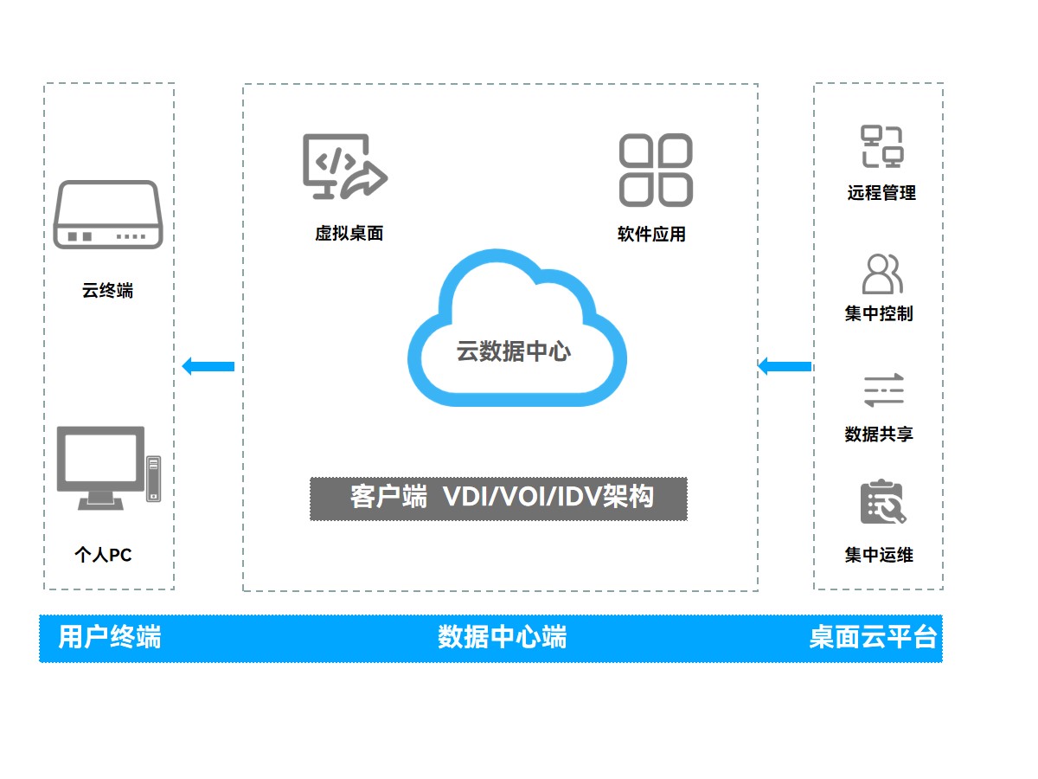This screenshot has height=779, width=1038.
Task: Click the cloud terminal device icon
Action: pyautogui.click(x=108, y=215)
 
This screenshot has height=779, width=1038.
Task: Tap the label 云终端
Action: pyautogui.click(x=108, y=291)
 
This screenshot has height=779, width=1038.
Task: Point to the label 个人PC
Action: pyautogui.click(x=104, y=555)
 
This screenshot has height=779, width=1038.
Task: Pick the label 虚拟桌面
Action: pyautogui.click(x=349, y=233)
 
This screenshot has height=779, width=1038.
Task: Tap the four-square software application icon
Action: pyautogui.click(x=656, y=170)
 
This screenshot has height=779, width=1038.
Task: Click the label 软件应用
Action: pyautogui.click(x=651, y=234)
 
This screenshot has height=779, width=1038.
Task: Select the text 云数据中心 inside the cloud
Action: pyautogui.click(x=514, y=351)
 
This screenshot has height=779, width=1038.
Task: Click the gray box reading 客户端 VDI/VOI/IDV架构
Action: pyautogui.click(x=498, y=499)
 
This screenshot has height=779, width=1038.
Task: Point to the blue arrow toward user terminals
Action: pyautogui.click(x=208, y=366)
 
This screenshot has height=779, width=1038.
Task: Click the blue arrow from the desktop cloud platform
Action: pyautogui.click(x=785, y=366)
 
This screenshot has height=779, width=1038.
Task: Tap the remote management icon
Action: pyautogui.click(x=881, y=146)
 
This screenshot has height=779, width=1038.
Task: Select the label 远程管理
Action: pyautogui.click(x=881, y=193)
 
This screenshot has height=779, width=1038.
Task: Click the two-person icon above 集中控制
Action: pyautogui.click(x=881, y=274)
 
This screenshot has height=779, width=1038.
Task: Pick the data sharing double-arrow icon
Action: pyautogui.click(x=882, y=390)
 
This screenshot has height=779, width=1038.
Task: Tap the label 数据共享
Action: pyautogui.click(x=879, y=434)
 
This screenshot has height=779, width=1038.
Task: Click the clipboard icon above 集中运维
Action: pyautogui.click(x=882, y=503)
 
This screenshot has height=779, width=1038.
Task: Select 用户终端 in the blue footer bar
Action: pyautogui.click(x=110, y=638)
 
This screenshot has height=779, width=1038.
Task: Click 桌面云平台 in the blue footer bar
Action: pyautogui.click(x=873, y=638)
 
